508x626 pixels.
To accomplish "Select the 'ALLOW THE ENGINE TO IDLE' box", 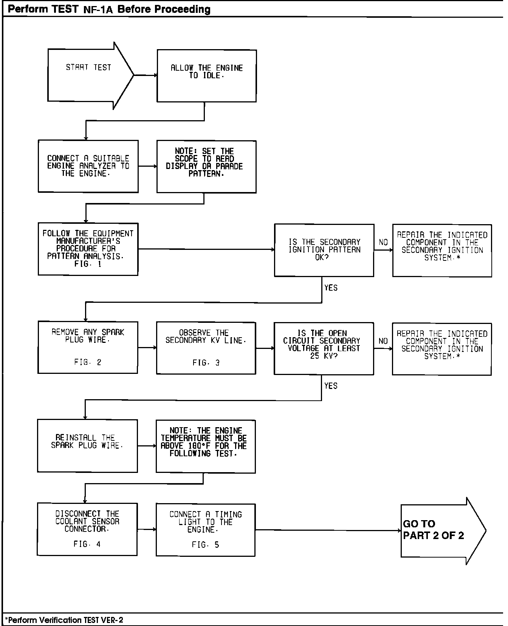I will pos(206,76).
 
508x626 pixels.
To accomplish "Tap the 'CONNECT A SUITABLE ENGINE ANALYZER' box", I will pos(88,166).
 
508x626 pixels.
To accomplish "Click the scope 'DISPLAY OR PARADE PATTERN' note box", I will pos(206,167).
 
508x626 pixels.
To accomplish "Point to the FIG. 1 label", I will pos(88,264).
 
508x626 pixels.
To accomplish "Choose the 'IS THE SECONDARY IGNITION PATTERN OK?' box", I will pos(324,250).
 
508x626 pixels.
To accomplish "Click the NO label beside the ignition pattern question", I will pos(383,242).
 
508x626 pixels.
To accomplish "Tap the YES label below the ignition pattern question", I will pos(331,288).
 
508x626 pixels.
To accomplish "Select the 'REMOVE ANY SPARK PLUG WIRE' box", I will pos(88,347).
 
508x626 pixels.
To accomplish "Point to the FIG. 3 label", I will pos(206,363).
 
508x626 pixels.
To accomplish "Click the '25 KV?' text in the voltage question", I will pos(324,356).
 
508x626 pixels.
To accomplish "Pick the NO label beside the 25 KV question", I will pos(383,341).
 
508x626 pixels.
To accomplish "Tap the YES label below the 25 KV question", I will pos(331,386).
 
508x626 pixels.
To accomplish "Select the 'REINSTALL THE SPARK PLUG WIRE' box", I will pos(87,446).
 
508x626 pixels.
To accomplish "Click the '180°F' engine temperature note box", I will pos(206,446).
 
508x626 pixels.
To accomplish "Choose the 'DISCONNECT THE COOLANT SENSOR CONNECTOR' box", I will pos(87,529).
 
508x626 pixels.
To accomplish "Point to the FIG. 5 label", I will pos(205,545).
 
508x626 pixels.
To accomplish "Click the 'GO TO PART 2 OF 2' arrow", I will pos(438,530).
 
